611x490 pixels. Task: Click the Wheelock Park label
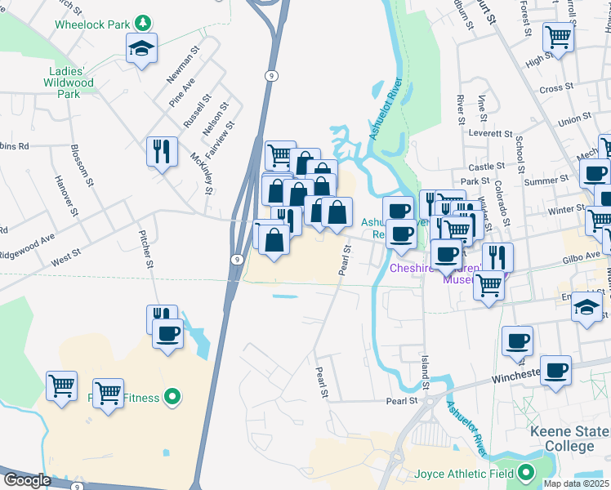(91, 24)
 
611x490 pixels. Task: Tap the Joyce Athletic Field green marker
(524, 472)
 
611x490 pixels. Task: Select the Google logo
(26, 480)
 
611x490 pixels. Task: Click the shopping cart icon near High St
(558, 36)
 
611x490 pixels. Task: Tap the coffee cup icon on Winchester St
(555, 370)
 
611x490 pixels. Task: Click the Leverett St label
(489, 132)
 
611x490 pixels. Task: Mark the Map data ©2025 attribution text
(576, 483)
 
